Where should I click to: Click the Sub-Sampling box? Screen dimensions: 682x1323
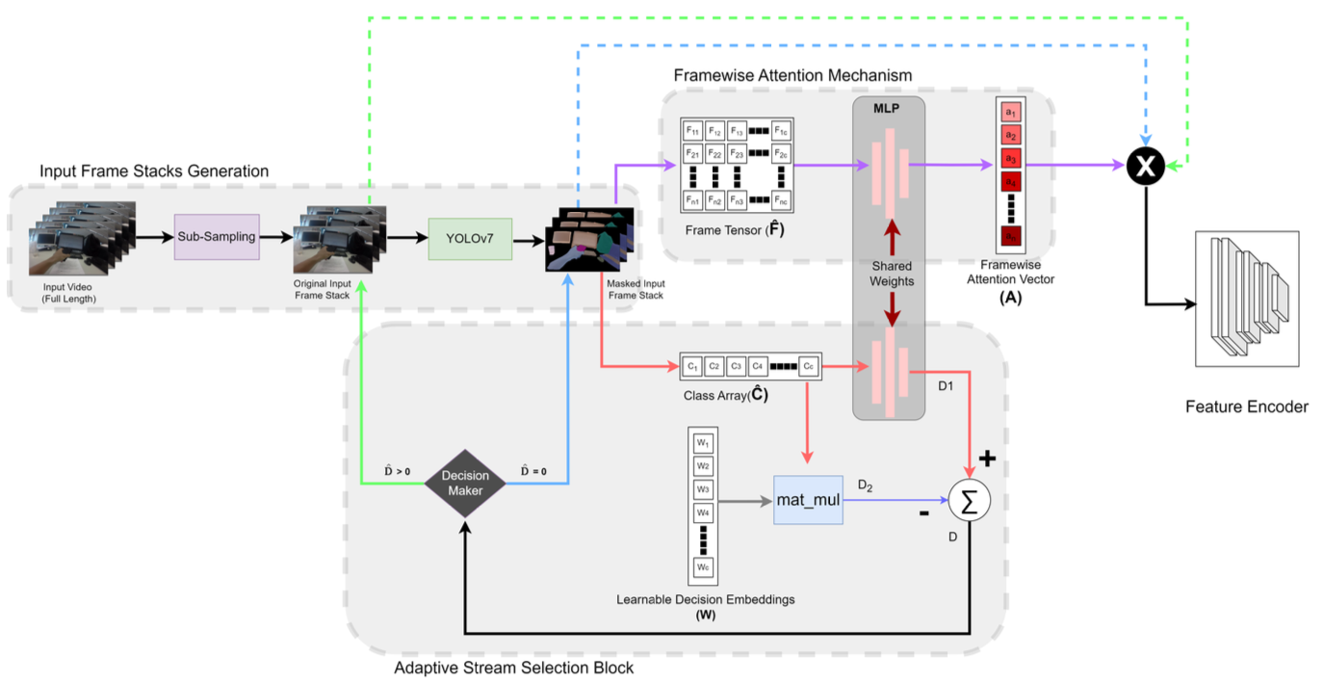click(x=217, y=237)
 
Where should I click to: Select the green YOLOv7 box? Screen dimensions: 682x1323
click(x=470, y=238)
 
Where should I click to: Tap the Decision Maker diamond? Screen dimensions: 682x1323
click(x=465, y=483)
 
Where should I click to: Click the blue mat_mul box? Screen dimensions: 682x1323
click(x=808, y=500)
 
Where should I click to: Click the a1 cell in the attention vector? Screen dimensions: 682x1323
click(x=1010, y=113)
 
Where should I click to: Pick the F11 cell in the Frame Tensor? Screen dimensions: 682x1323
click(x=691, y=131)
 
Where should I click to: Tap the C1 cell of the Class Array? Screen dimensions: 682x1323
click(x=691, y=366)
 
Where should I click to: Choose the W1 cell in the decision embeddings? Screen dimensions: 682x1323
click(x=704, y=443)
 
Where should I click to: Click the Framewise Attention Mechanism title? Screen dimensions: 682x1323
click(x=792, y=75)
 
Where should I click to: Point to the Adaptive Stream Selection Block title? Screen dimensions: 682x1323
click(x=514, y=667)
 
